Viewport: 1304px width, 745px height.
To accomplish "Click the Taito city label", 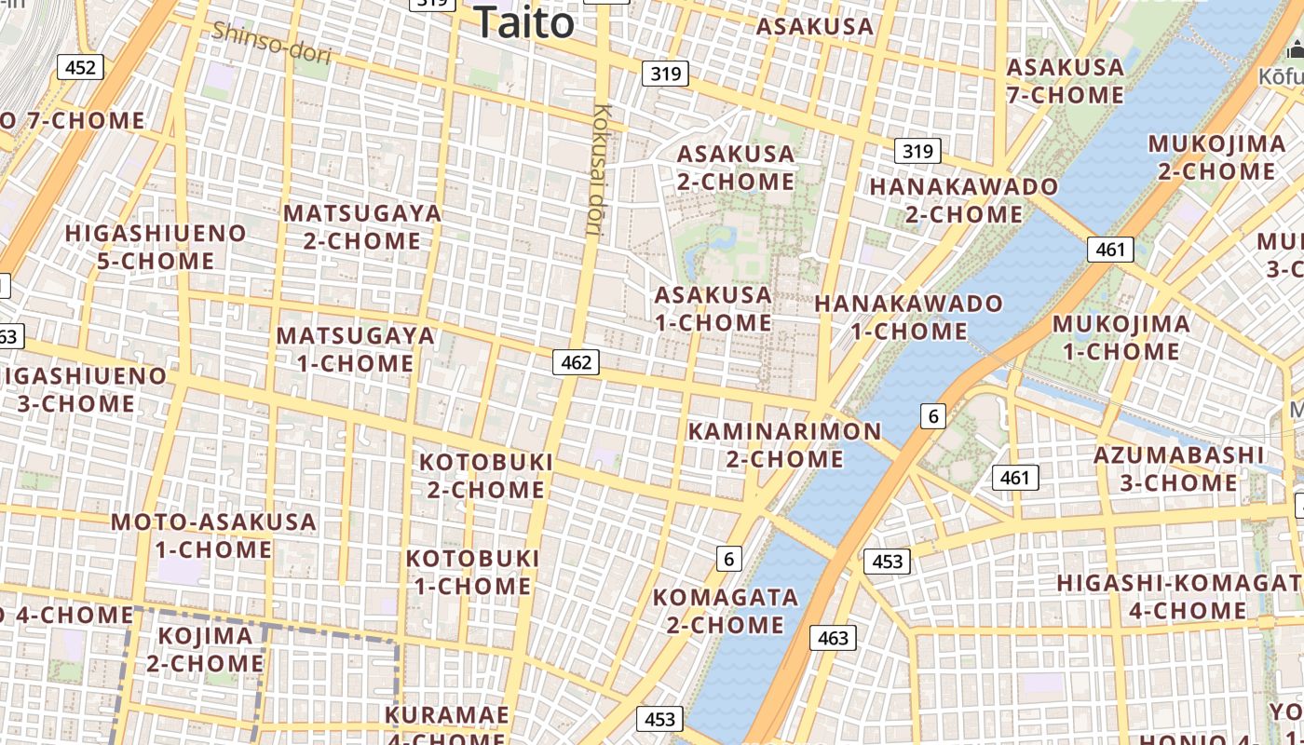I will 523,21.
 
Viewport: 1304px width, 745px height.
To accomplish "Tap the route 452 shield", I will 80,67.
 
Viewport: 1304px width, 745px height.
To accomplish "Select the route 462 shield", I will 576,362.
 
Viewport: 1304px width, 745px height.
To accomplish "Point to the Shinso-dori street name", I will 271,42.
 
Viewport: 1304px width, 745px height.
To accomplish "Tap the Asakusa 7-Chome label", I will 1065,81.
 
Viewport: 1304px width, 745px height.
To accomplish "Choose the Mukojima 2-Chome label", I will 1216,157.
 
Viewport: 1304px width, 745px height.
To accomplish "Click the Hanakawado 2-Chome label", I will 964,200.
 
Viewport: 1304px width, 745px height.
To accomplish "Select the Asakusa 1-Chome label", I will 713,309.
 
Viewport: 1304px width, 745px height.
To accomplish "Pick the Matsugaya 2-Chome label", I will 362,226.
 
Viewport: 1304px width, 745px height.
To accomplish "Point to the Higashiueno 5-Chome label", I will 156,247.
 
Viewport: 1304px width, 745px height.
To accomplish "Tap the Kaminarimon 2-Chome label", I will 784,445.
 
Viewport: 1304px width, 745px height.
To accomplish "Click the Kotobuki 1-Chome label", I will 473,572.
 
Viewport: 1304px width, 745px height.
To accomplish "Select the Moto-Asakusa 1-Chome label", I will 213,535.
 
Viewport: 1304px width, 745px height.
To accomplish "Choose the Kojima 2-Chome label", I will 205,650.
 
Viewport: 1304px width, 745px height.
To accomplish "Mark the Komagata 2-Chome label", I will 725,611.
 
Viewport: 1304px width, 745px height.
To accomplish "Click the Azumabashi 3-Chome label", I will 1178,468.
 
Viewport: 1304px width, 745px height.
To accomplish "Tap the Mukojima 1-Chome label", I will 1121,337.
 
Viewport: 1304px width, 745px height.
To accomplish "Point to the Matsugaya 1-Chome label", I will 356,349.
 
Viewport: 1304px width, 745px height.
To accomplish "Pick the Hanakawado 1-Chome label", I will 908,317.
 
